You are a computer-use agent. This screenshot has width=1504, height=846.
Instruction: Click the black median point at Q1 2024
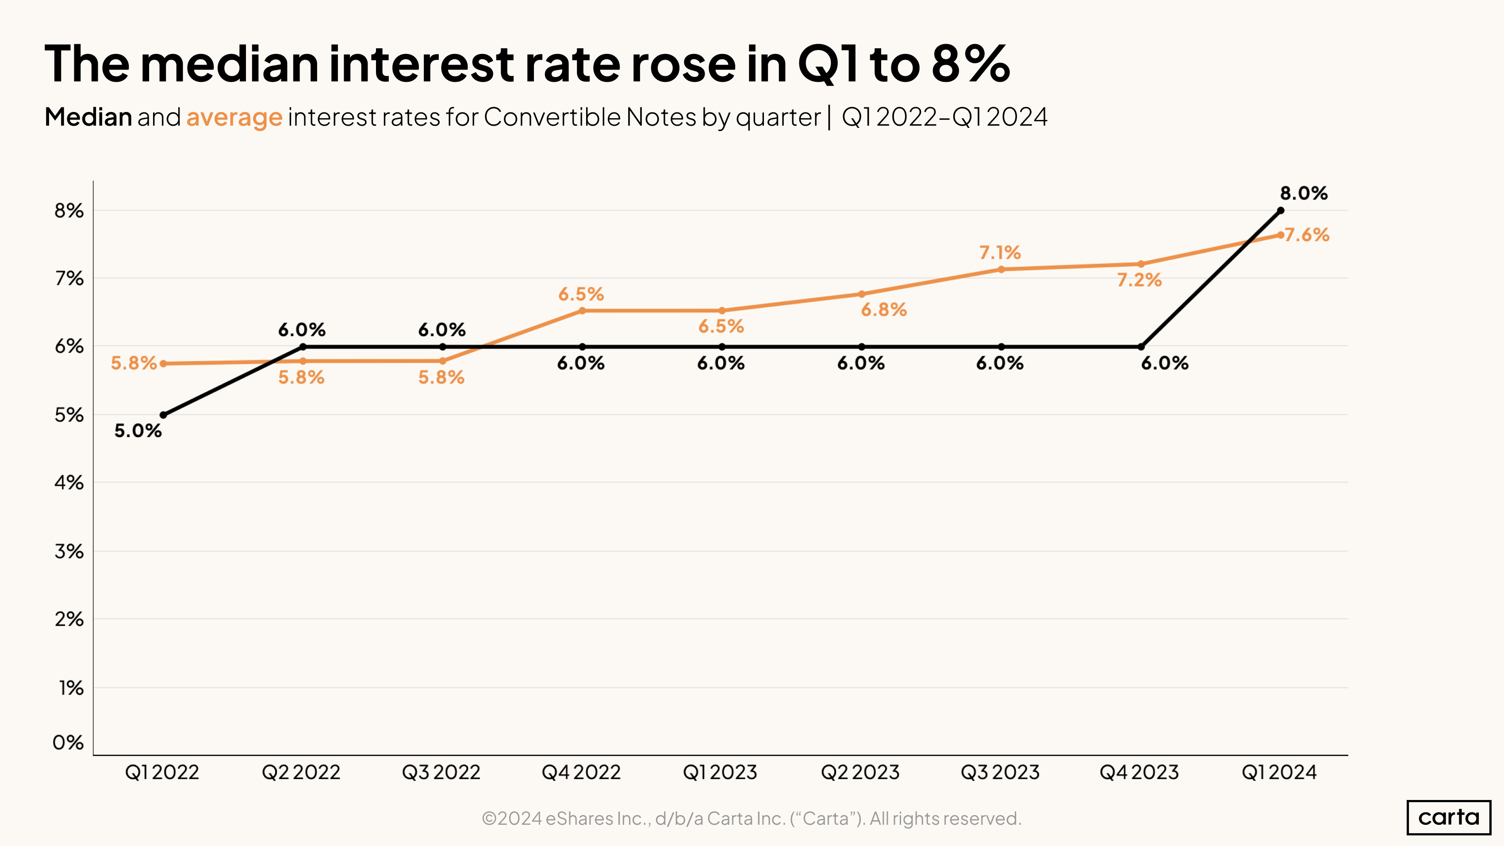[x=1280, y=210]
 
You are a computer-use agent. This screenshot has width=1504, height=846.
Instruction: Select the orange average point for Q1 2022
[x=164, y=364]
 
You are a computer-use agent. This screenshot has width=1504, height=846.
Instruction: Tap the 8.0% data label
[x=1304, y=193]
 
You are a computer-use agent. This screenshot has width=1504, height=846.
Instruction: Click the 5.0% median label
[x=138, y=431]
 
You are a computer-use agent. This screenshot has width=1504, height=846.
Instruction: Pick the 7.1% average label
[x=1000, y=253]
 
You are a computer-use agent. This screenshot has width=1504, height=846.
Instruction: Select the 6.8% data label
[x=884, y=309]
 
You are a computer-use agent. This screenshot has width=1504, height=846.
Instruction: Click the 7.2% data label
[x=1139, y=280]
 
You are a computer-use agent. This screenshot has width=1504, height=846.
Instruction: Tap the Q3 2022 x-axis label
[x=441, y=773]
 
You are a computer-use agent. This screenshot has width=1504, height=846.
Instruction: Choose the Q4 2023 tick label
[x=1139, y=773]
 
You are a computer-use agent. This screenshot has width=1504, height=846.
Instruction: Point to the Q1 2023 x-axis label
[x=720, y=773]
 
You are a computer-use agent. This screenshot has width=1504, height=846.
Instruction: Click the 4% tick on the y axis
[x=69, y=483]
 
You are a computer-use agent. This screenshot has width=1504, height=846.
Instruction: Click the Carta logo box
[x=1449, y=817]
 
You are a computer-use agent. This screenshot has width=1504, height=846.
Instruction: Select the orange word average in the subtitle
[x=234, y=117]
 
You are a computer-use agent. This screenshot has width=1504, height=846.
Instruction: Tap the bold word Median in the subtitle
[x=88, y=117]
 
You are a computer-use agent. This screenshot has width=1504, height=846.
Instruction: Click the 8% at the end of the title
[x=971, y=64]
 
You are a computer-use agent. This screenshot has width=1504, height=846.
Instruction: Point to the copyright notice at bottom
[x=752, y=819]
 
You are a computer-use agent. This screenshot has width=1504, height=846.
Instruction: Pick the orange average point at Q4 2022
[x=582, y=311]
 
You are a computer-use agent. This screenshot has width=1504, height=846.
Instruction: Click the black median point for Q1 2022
[x=164, y=415]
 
